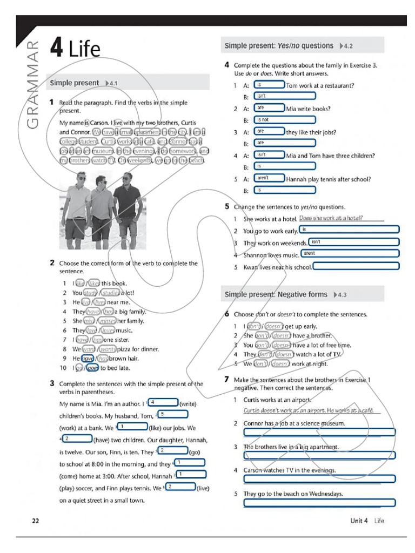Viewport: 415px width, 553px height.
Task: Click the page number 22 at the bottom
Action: tap(36, 521)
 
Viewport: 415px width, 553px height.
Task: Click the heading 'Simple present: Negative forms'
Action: tap(276, 294)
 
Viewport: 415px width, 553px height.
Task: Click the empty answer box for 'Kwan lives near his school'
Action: tap(356, 266)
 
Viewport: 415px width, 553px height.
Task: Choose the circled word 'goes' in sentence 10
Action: tap(92, 368)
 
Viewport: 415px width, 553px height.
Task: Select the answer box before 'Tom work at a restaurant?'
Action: tap(269, 85)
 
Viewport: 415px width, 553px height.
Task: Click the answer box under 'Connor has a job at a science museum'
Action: tap(319, 432)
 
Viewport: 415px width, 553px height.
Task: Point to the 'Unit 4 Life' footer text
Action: tap(367, 521)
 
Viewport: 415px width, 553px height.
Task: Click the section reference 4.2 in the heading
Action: tap(346, 46)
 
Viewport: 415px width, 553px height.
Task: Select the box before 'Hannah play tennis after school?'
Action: tap(269, 178)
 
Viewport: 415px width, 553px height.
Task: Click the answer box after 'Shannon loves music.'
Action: tap(350, 253)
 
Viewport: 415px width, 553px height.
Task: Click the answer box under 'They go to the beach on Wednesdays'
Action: tap(319, 503)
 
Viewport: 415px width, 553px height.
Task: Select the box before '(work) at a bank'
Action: tap(132, 427)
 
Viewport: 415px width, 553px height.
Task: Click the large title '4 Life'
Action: tap(75, 49)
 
